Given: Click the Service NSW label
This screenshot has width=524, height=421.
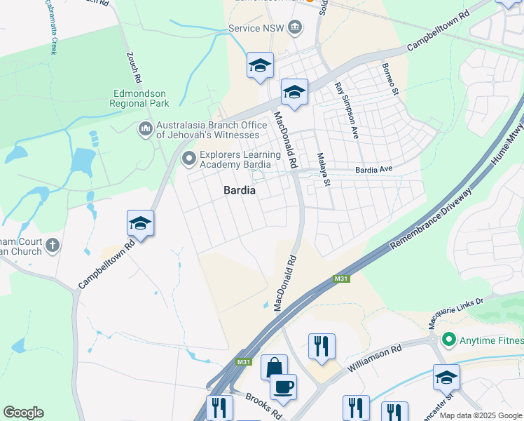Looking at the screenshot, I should pos(257,29).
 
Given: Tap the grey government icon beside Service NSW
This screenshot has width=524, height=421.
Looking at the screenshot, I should pos(296,28).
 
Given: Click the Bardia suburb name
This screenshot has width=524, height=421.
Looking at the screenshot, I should pos(240,190).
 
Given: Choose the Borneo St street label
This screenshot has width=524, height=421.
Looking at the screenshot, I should pos(389,79).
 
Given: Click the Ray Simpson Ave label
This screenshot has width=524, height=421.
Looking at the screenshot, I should pos(346,110).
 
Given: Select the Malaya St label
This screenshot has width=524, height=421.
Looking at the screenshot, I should pos(323,169).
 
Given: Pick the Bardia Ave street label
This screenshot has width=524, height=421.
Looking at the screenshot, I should pos(374,170).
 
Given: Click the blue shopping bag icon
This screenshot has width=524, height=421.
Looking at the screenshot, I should pos(274,366).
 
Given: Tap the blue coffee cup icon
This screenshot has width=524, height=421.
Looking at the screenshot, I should pos(283,386).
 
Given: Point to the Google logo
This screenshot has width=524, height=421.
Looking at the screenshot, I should pos(23,413).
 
